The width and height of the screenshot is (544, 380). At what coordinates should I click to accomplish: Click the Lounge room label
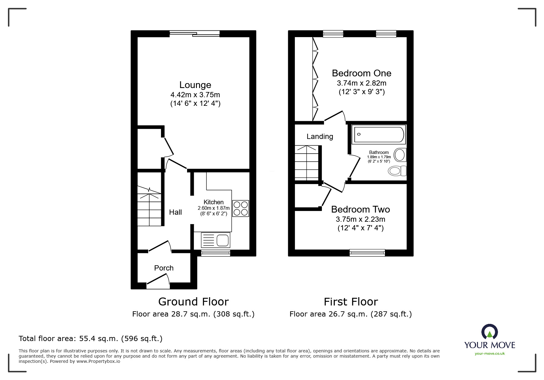(x=195, y=85)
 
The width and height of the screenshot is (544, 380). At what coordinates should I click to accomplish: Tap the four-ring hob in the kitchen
(x=241, y=208)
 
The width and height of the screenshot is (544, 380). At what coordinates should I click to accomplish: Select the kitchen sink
(x=216, y=240)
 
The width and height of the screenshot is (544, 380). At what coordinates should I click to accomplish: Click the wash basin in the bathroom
(x=400, y=155)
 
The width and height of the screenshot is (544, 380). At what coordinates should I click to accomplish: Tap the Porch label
(x=164, y=268)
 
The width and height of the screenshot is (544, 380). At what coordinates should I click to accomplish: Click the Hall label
(x=175, y=212)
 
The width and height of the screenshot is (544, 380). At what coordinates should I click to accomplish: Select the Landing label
(x=320, y=136)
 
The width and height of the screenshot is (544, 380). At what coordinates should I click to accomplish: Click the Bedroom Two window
(x=367, y=253)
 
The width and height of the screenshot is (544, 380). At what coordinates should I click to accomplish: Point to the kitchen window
(x=215, y=253)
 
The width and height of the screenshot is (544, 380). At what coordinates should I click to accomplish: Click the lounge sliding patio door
(x=194, y=34)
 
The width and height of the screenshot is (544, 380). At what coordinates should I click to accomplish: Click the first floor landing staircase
(x=307, y=163)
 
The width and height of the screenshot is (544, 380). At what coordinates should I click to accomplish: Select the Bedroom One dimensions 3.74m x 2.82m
(x=362, y=83)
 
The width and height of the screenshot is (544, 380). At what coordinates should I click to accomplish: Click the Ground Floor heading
(x=193, y=302)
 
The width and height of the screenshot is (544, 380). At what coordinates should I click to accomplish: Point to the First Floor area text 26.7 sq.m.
(x=350, y=314)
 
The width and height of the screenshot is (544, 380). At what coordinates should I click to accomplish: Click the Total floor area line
(x=91, y=339)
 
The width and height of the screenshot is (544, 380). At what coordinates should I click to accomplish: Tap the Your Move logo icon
(x=489, y=332)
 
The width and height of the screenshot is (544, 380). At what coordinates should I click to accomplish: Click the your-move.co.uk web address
(x=490, y=354)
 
